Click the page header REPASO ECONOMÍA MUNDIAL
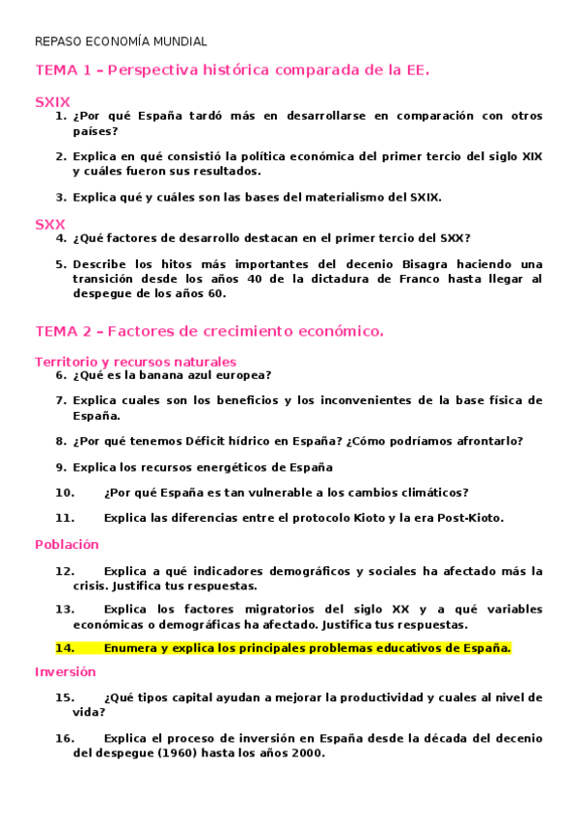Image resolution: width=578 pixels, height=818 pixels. click(121, 41)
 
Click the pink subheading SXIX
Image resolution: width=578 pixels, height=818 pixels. click(52, 101)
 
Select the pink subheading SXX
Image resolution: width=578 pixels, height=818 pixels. click(50, 224)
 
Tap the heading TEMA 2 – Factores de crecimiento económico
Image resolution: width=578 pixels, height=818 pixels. click(208, 331)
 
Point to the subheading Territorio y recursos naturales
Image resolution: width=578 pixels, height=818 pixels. click(135, 362)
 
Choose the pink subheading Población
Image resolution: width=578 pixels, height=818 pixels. click(67, 544)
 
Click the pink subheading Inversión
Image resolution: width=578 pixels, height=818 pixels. click(66, 671)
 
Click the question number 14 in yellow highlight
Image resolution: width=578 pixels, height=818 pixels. click(65, 647)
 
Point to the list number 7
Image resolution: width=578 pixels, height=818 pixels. click(60, 400)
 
